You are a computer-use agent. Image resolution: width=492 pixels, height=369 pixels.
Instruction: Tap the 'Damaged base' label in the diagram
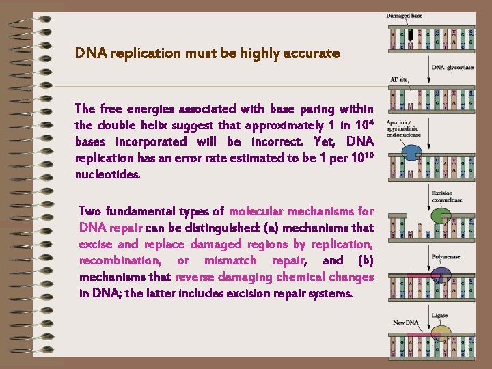coord(404,16)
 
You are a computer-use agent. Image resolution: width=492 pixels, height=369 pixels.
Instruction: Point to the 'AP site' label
coord(398,80)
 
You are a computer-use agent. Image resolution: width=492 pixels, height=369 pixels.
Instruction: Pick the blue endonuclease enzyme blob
coord(412,153)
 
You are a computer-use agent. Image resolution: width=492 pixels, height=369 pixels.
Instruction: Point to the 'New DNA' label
coord(405,323)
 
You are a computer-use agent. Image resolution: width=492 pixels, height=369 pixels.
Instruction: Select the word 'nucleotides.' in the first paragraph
coord(107,174)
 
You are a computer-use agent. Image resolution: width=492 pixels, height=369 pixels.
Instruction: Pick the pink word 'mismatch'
coord(230,260)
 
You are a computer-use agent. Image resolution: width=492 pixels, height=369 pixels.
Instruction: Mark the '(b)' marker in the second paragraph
coord(365,260)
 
